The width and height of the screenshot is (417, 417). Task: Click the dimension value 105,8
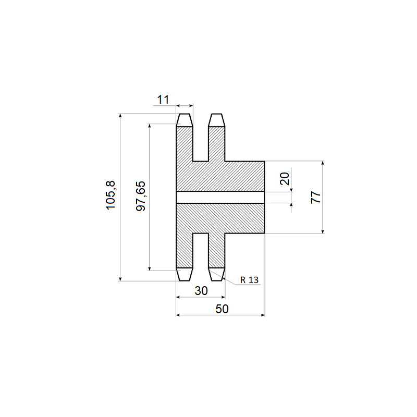click(x=111, y=195)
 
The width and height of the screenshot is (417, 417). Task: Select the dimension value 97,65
click(x=141, y=196)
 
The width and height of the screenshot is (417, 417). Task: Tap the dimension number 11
click(x=163, y=100)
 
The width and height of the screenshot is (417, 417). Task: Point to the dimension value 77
click(x=316, y=197)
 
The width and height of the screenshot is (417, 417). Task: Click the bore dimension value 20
click(x=285, y=179)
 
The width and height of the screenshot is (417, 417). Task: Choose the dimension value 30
click(x=201, y=291)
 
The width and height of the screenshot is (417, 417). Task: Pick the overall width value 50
click(x=222, y=309)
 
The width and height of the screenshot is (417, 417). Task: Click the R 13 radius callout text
click(x=249, y=280)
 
